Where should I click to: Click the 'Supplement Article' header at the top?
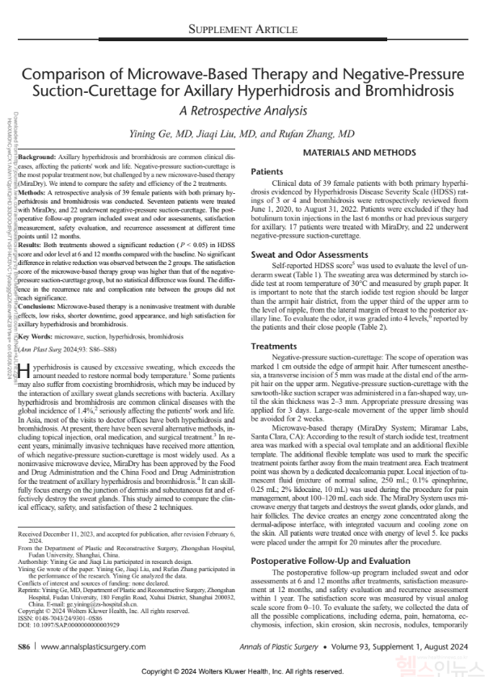(x=242, y=29)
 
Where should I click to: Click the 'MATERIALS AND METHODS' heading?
(x=355, y=153)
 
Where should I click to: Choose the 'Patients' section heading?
(x=267, y=172)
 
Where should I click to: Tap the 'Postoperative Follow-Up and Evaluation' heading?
(x=335, y=537)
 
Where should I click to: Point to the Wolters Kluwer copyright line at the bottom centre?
(x=242, y=670)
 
